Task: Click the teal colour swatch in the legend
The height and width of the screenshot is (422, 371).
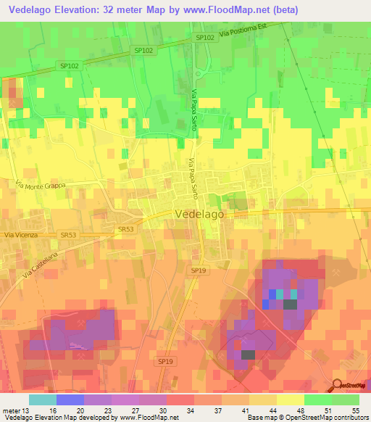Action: point(42,400)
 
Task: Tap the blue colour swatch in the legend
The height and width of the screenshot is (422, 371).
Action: point(70,400)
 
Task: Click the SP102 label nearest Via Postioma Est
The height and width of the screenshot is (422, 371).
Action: point(204,37)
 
